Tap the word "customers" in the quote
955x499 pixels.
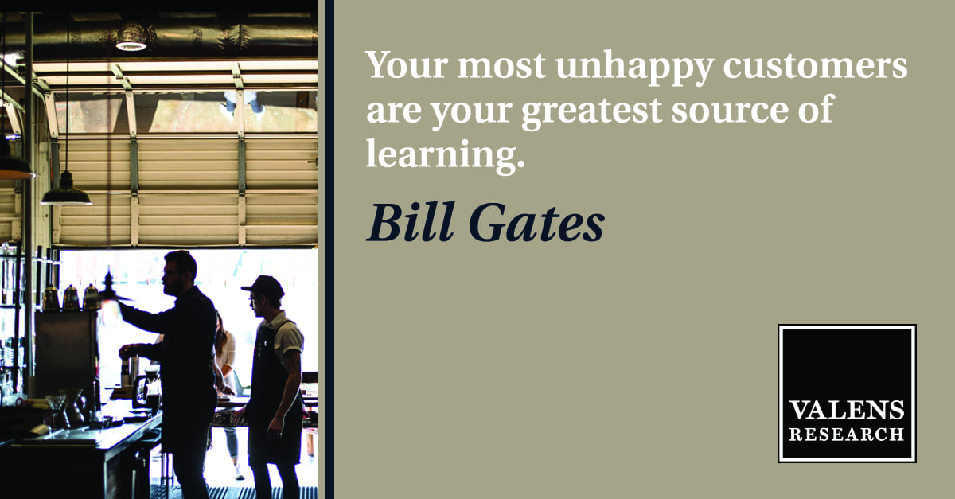[x=815, y=66]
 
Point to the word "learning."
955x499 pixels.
[x=445, y=154]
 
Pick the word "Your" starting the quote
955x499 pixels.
[x=407, y=64]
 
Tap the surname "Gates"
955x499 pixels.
[x=536, y=222]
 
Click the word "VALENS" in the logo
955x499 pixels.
[x=846, y=411]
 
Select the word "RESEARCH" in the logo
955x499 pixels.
[x=846, y=435]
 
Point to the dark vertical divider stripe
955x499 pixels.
[x=329, y=250]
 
